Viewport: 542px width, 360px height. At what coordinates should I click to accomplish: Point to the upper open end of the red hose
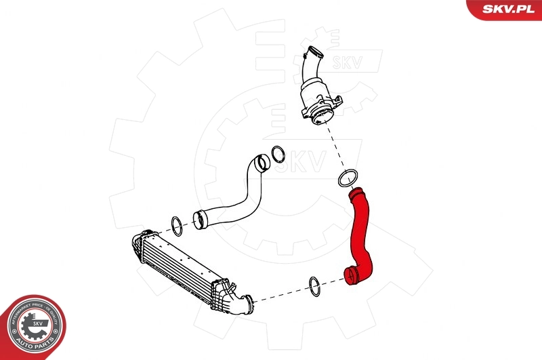(354, 195)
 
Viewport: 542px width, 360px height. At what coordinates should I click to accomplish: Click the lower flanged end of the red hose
(351, 276)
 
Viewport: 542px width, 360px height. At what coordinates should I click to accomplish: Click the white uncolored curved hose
(237, 197)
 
